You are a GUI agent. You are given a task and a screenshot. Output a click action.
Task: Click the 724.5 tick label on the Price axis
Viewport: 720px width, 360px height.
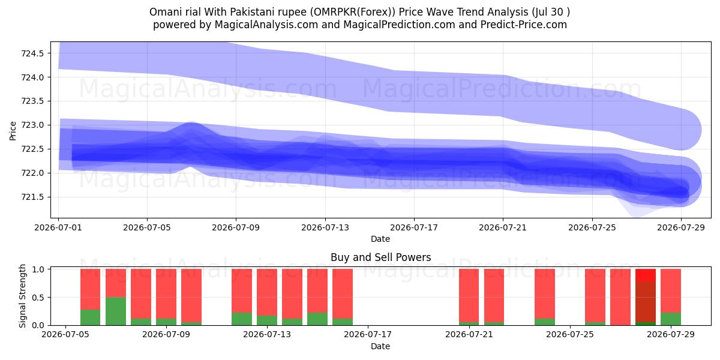click(32, 53)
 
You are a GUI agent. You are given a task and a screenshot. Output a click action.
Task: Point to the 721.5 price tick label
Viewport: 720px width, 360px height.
click(32, 197)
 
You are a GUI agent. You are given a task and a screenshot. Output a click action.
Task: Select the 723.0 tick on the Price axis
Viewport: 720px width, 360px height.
click(32, 125)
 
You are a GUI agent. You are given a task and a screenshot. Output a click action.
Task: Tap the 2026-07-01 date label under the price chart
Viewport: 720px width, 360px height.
click(58, 227)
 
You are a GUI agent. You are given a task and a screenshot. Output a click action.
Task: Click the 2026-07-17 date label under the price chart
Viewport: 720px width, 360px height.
click(414, 227)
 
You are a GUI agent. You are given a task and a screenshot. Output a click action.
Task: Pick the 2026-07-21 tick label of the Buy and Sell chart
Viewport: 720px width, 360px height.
click(469, 335)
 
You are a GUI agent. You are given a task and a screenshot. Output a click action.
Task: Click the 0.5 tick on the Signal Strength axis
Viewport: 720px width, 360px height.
click(38, 298)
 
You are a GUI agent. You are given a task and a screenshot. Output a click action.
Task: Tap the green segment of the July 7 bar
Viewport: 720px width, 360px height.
click(116, 311)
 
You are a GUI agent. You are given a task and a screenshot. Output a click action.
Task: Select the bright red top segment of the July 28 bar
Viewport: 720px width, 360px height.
click(646, 275)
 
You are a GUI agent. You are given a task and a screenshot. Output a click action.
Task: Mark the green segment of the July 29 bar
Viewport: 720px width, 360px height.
click(671, 319)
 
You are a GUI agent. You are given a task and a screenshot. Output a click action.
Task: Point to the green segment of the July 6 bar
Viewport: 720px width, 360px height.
click(91, 317)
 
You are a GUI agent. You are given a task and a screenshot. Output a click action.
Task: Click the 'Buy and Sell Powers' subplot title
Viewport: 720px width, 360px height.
click(380, 257)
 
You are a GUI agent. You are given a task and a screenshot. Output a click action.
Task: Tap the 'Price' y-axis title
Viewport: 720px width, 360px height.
click(13, 131)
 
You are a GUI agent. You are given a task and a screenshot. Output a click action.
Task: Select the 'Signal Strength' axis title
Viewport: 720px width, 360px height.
click(22, 296)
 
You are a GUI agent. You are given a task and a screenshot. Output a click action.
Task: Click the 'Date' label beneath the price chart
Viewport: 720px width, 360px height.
click(380, 239)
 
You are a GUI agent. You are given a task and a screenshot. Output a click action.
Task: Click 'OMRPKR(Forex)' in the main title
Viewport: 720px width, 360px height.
click(353, 12)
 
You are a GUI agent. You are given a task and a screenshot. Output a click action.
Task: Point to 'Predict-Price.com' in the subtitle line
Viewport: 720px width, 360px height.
click(524, 25)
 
